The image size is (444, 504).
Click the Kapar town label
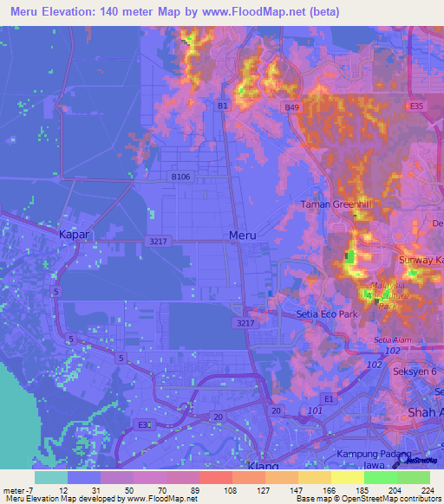[x=74, y=235]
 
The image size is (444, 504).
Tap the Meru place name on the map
[x=242, y=235]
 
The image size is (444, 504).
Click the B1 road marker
[x=223, y=106]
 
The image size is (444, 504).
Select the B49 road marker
[x=292, y=107]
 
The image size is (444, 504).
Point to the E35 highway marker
[x=418, y=106]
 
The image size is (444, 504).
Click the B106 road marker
[x=180, y=177]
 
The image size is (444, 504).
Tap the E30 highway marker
[x=144, y=424]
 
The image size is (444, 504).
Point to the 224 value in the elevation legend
[x=427, y=489]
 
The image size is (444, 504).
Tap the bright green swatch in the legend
[x=380, y=476]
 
